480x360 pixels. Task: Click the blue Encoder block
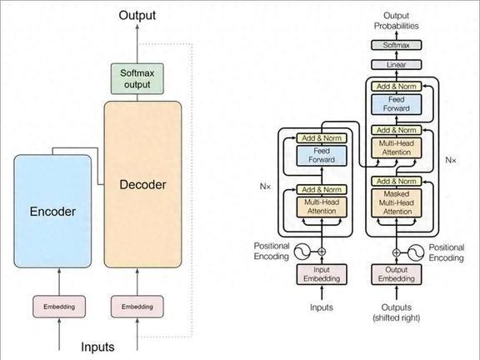click(52, 211)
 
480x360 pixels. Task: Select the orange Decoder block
click(143, 184)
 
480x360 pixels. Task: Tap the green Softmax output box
click(137, 78)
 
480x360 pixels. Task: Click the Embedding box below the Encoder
click(59, 307)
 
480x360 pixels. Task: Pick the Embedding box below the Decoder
click(137, 307)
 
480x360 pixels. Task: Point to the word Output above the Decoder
click(137, 15)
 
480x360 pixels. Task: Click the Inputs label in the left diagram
click(97, 347)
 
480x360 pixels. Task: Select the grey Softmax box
click(397, 45)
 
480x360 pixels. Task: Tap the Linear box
click(397, 65)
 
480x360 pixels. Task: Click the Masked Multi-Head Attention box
click(397, 202)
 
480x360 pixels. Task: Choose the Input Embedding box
click(322, 274)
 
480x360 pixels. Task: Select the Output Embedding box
click(397, 274)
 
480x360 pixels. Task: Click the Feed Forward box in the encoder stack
click(322, 156)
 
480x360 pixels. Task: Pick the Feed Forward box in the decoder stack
click(397, 104)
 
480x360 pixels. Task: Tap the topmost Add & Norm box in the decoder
click(397, 87)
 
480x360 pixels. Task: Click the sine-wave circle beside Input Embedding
click(302, 252)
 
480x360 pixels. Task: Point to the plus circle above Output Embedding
click(397, 252)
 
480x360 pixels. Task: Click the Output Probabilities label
click(397, 21)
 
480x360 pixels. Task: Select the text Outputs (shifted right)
click(397, 312)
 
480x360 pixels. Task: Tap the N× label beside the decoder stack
click(451, 160)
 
